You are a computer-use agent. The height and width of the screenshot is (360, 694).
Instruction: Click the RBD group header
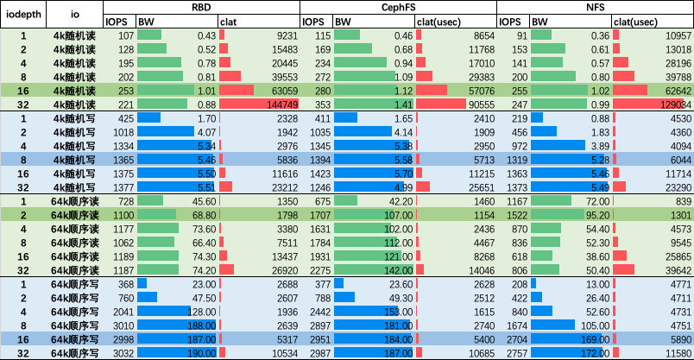201,7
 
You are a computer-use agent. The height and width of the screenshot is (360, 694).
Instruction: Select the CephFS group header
398,7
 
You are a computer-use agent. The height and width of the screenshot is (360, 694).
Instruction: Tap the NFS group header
595,7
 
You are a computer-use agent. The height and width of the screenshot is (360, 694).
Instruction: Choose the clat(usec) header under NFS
641,21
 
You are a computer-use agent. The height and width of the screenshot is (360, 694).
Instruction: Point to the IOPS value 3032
121,353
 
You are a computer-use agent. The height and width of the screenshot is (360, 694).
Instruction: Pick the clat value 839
680,199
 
